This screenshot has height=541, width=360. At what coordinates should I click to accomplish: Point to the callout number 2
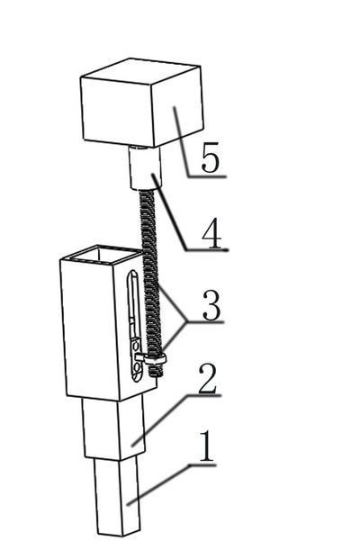(x=208, y=379)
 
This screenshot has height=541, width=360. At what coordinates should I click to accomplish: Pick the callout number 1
(x=207, y=446)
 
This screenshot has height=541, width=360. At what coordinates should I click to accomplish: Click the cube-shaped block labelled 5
(x=141, y=103)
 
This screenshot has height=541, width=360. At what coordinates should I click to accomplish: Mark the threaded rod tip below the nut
(x=156, y=371)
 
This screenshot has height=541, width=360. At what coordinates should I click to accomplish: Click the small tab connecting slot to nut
(x=140, y=357)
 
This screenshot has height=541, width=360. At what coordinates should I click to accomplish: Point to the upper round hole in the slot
(x=136, y=346)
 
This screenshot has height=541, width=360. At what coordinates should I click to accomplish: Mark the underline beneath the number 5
(x=207, y=176)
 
